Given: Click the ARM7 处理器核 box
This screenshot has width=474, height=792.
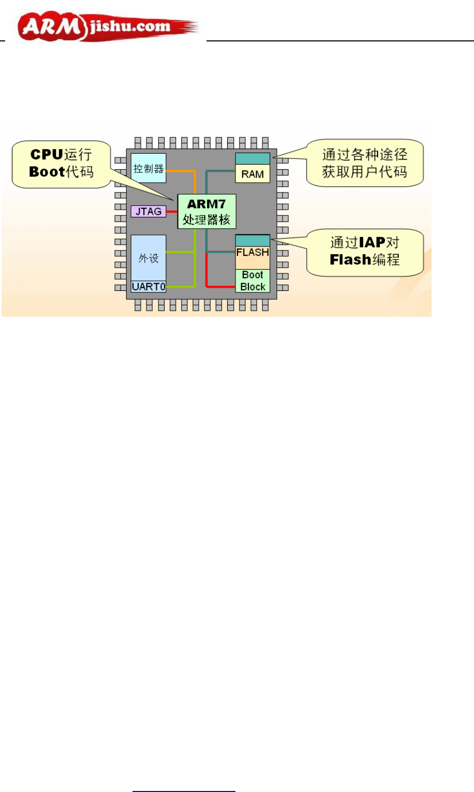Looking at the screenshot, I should (x=206, y=211).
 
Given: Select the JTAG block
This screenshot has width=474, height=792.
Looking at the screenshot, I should (x=149, y=211).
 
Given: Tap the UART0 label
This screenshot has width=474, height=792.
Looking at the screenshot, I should (x=149, y=287).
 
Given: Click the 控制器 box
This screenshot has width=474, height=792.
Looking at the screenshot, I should (x=149, y=168).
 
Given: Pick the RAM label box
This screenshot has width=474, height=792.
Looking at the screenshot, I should (x=253, y=174).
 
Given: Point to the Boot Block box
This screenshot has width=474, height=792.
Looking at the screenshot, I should (x=253, y=281).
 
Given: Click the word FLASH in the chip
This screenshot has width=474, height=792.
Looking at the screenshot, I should (x=253, y=253).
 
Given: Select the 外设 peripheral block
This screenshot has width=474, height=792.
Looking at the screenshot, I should (x=149, y=258).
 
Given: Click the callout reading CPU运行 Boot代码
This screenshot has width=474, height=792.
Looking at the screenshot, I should (x=61, y=163).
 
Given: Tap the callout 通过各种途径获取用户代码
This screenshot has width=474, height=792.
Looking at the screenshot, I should (x=365, y=163).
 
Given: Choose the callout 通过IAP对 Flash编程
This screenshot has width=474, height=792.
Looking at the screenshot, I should (x=365, y=251).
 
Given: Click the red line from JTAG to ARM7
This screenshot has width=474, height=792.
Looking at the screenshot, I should (x=172, y=212).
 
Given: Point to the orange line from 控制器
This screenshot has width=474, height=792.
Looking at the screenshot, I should (x=181, y=170).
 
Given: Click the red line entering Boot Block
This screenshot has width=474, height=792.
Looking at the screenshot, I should (x=220, y=286).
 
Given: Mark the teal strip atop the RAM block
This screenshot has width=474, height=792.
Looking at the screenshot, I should (x=253, y=158).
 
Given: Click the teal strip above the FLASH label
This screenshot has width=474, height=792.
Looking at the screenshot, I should (x=253, y=241).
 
